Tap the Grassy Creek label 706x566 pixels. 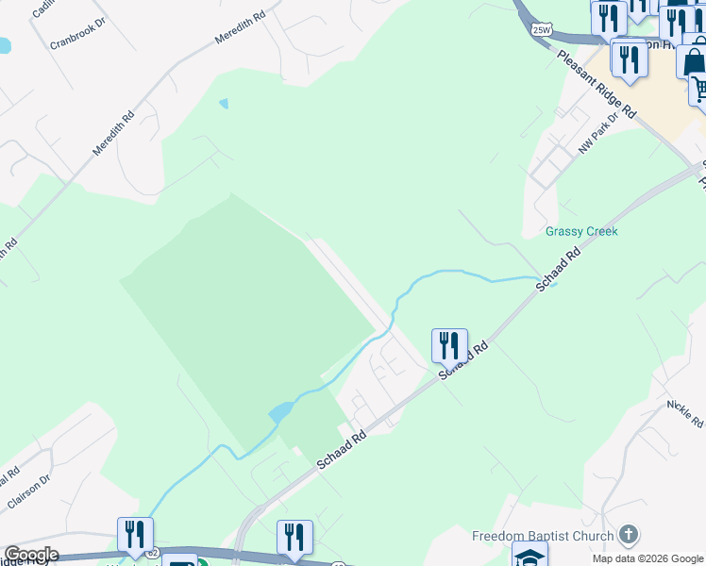click(581, 231)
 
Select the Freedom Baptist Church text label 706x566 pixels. click(543, 536)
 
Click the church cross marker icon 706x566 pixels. click(628, 536)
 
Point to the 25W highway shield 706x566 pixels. click(541, 30)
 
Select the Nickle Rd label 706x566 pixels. click(683, 410)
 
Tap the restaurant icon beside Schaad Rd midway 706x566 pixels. click(449, 344)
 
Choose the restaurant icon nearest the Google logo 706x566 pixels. click(135, 534)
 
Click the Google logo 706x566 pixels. click(30, 555)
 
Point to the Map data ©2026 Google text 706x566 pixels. click(647, 558)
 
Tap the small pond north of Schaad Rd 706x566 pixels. click(280, 411)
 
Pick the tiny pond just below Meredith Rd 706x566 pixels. click(224, 103)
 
